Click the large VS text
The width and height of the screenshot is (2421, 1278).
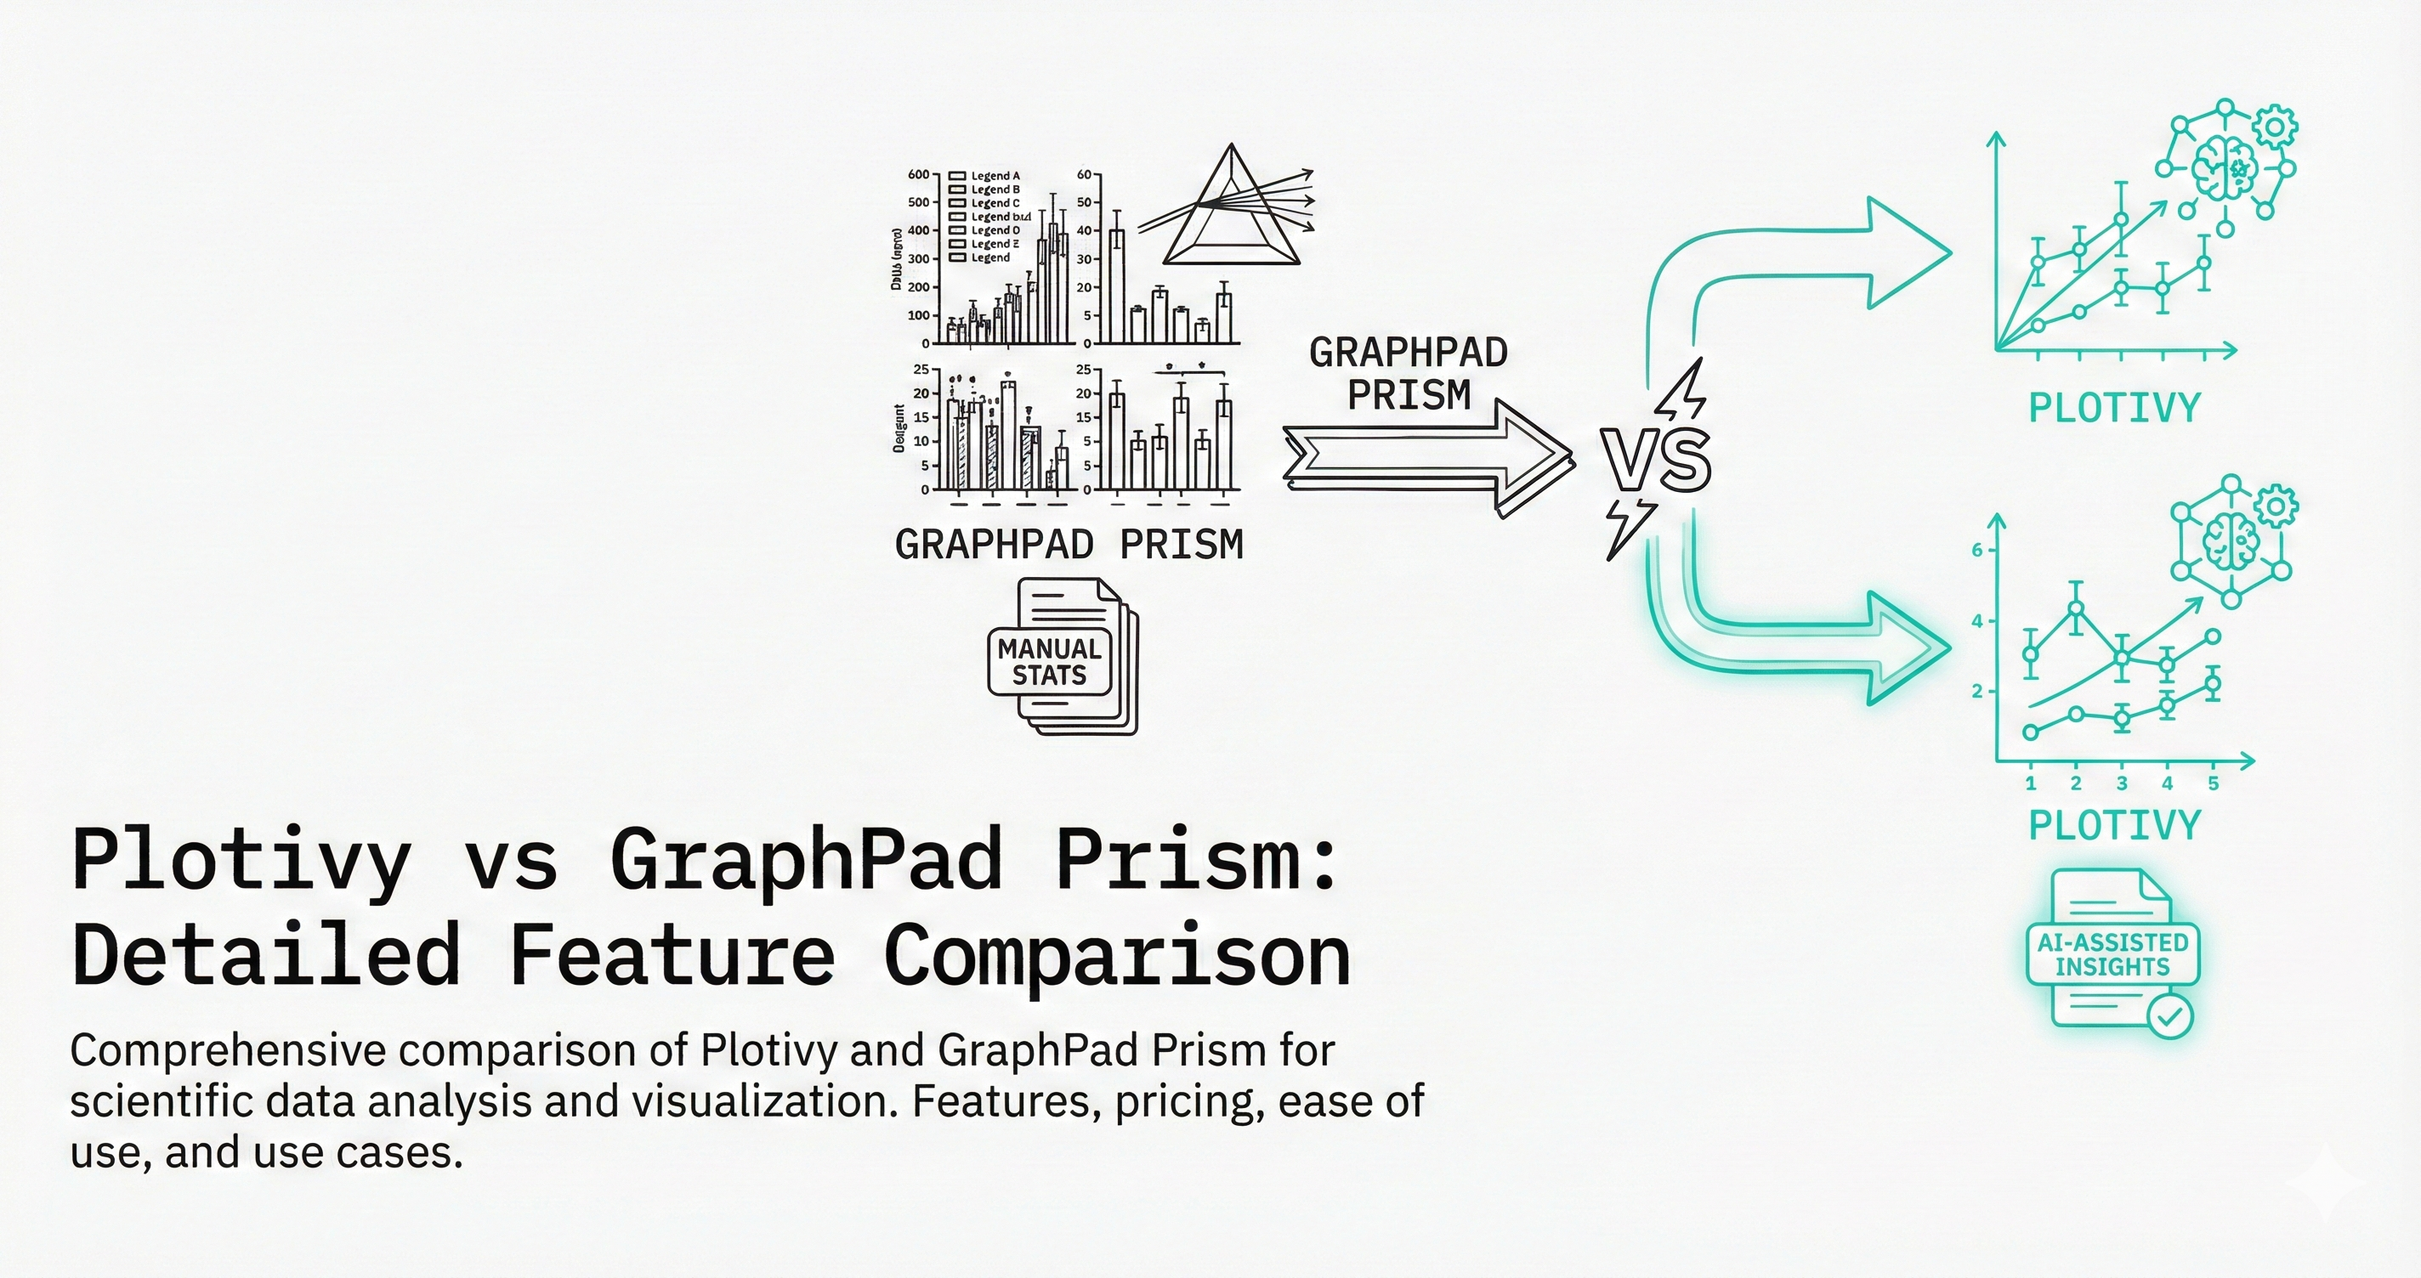[x=1657, y=461]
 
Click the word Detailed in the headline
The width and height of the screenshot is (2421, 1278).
[x=265, y=955]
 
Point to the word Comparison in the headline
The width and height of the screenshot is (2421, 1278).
[x=1116, y=955]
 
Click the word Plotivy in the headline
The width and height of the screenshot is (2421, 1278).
[x=241, y=859]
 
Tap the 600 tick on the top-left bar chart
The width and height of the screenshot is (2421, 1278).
[x=918, y=175]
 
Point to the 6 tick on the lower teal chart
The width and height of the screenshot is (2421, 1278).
[x=1976, y=551]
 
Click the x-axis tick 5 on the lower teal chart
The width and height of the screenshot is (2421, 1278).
[x=2214, y=783]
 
